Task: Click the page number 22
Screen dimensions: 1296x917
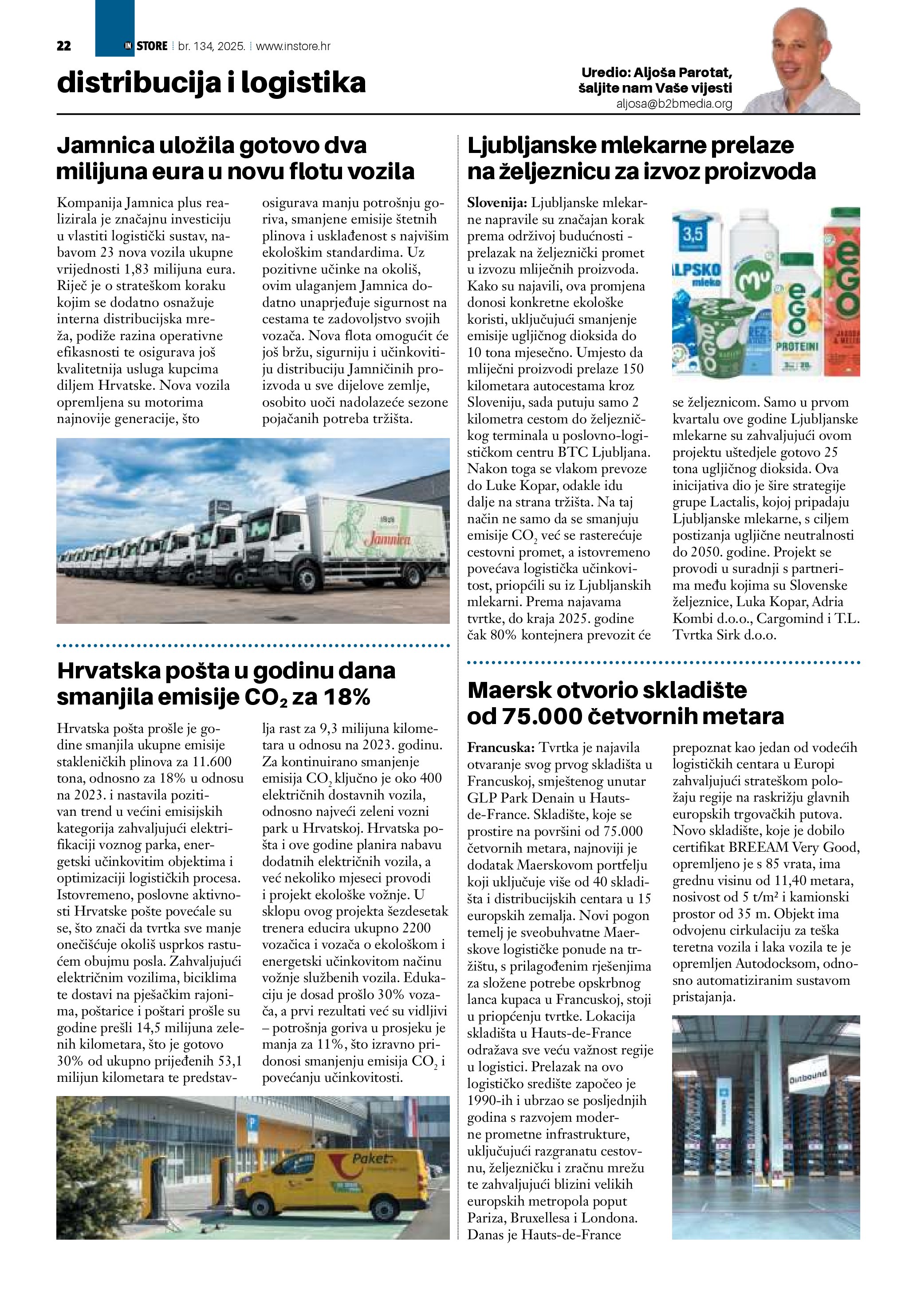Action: pyautogui.click(x=64, y=46)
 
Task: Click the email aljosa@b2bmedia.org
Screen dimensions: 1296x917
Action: pyautogui.click(x=674, y=104)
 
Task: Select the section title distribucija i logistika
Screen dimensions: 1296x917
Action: pyautogui.click(x=211, y=83)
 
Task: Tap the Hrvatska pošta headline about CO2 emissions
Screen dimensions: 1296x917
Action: pyautogui.click(x=226, y=684)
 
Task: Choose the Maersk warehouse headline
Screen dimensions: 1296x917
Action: pyautogui.click(x=625, y=703)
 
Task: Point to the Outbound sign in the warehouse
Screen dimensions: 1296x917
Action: pyautogui.click(x=807, y=1077)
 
